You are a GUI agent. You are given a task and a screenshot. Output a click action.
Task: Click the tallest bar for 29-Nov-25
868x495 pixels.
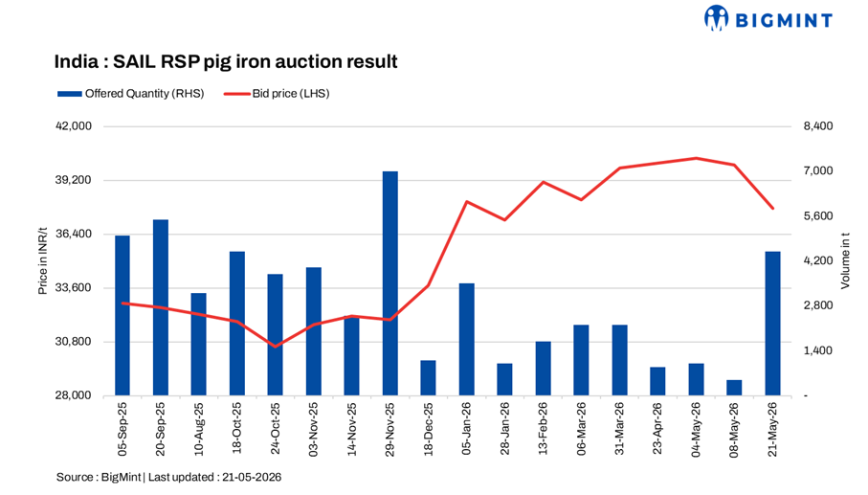390,283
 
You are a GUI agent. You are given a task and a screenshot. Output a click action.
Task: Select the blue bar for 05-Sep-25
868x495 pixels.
122,315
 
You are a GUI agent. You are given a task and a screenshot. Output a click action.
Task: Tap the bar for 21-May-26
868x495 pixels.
773,324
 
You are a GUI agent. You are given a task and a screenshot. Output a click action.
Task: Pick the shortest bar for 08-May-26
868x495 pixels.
734,388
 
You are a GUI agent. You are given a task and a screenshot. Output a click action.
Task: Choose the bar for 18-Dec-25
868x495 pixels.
429,377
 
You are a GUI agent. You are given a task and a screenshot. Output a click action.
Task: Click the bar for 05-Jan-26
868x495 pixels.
467,339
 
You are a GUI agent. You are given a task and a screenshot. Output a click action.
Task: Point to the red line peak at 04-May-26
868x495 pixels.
696,158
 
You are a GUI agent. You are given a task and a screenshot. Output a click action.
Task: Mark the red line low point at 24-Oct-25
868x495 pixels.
275,347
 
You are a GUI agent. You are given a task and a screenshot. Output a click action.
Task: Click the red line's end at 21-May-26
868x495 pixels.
773,209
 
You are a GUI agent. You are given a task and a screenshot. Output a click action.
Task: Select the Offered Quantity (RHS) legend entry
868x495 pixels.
131,94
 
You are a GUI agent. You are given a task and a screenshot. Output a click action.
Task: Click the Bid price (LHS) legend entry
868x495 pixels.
277,94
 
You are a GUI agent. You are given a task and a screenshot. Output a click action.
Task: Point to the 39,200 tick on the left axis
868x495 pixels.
74,180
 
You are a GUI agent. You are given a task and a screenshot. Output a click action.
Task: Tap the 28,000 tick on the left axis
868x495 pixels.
74,395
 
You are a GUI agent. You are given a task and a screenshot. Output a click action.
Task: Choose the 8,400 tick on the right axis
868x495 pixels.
818,126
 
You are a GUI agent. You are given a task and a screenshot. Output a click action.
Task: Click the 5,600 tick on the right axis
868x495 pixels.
818,216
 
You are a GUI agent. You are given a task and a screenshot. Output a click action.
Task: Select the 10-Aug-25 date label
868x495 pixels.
199,429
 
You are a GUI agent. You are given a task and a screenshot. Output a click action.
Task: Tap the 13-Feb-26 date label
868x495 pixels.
543,429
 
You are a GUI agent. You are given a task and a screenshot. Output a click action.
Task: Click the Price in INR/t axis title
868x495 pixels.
43,260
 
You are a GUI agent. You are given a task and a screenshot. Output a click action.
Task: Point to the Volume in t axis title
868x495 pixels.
845,260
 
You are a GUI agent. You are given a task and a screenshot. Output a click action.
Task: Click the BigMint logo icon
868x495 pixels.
716,18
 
